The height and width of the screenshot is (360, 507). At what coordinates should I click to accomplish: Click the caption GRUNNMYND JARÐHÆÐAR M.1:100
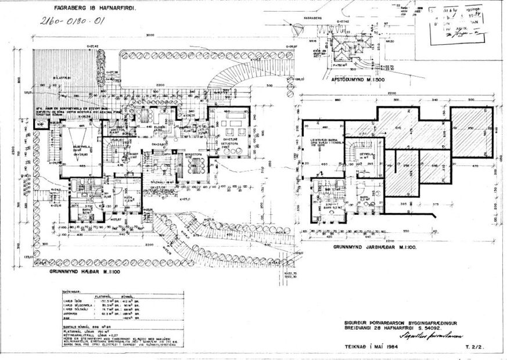click(x=373, y=246)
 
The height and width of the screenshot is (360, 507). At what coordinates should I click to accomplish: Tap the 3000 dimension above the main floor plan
click(x=150, y=36)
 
